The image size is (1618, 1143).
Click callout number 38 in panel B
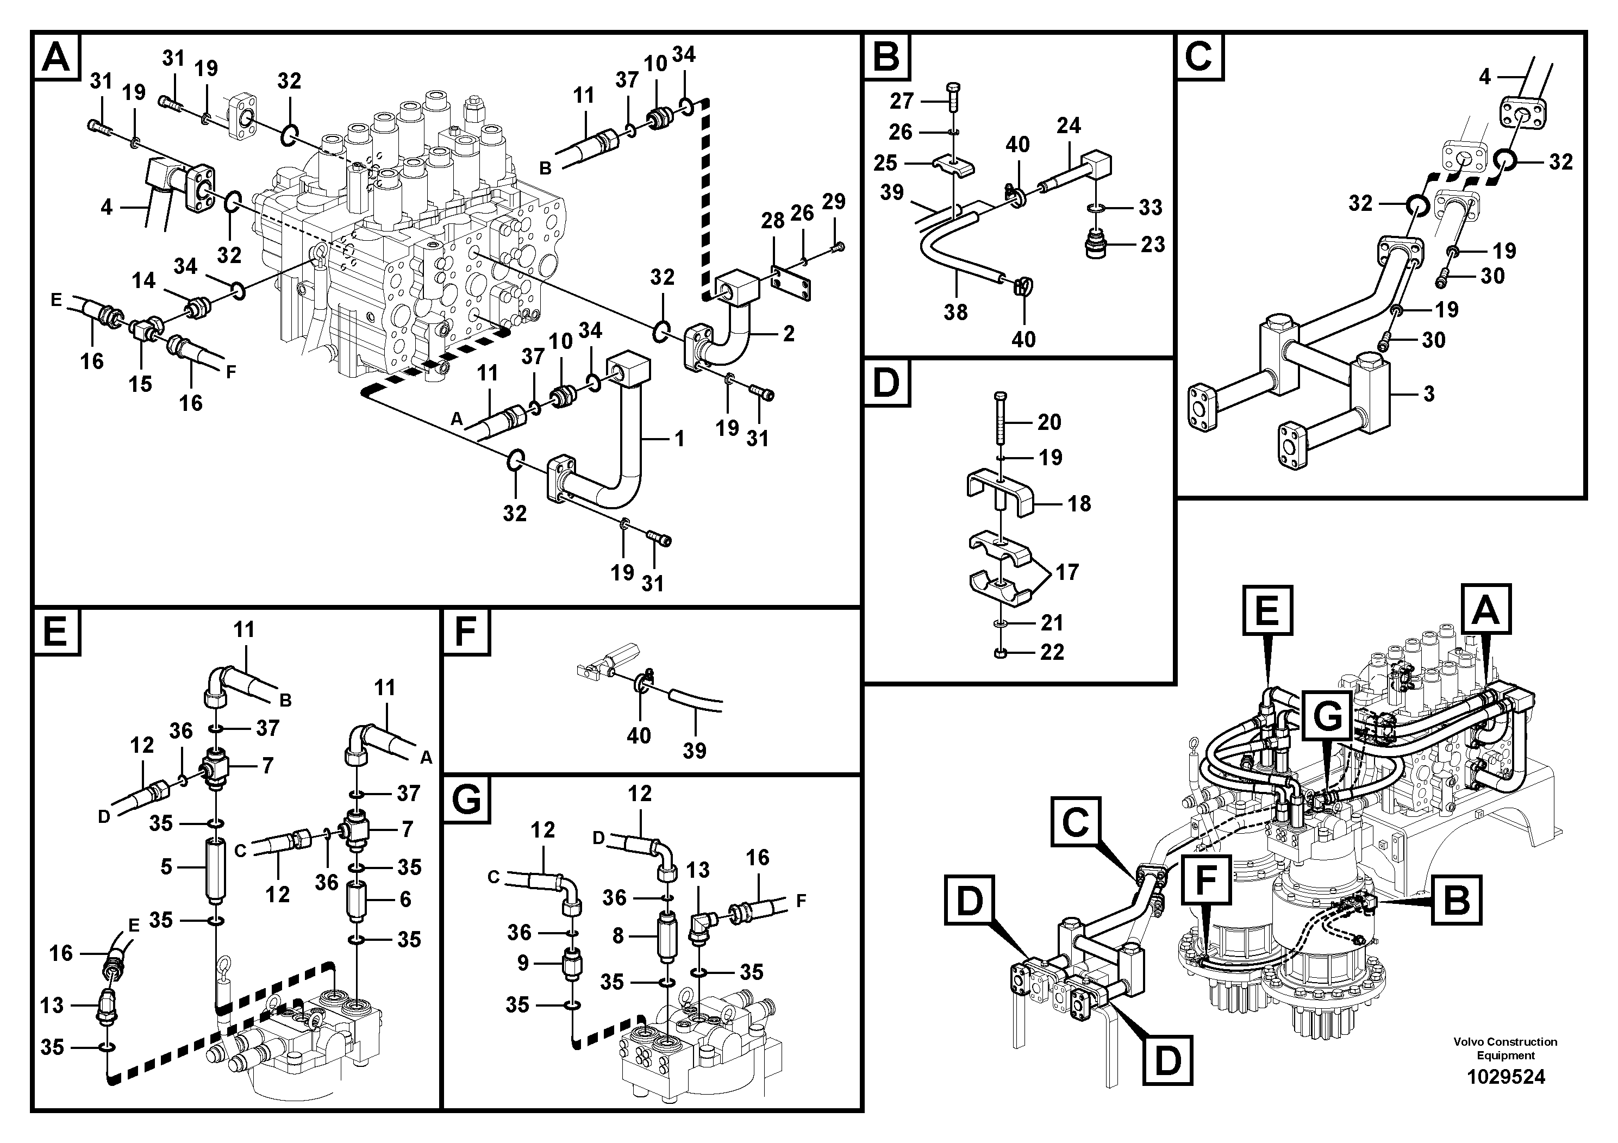(955, 312)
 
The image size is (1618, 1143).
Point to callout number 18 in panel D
(1079, 503)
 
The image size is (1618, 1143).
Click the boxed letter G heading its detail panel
(466, 800)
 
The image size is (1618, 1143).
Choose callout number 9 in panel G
(523, 963)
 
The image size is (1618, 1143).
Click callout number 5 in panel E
(166, 867)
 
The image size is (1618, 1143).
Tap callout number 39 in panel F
(694, 751)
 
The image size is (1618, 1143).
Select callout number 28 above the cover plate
(773, 221)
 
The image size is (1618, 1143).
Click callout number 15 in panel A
(140, 384)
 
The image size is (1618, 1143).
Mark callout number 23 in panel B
(1153, 245)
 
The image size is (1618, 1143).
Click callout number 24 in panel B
(1069, 126)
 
